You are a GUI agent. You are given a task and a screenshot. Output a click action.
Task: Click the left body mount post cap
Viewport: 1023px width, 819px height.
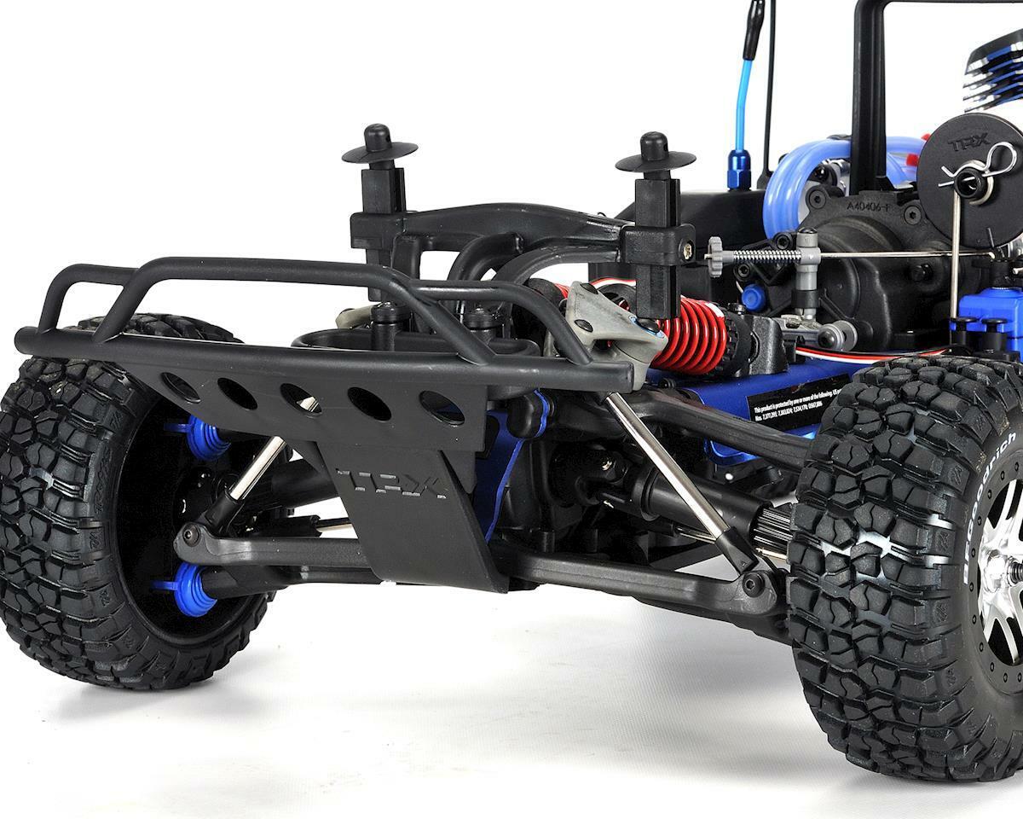coord(379,146)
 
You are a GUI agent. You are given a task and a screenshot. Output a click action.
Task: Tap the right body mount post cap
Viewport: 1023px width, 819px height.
coord(655,153)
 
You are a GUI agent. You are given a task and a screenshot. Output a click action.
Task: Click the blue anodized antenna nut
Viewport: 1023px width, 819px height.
coord(738,169)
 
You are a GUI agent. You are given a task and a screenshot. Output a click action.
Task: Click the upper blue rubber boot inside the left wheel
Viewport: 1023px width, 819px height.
coord(203,438)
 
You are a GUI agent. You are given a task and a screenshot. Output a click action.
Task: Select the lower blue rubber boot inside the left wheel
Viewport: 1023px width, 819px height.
coord(191,590)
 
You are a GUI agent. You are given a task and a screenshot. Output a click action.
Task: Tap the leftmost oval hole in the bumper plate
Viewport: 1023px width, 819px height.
coord(181,387)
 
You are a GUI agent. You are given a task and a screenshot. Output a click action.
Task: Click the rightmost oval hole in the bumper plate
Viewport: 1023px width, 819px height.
coord(442,408)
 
